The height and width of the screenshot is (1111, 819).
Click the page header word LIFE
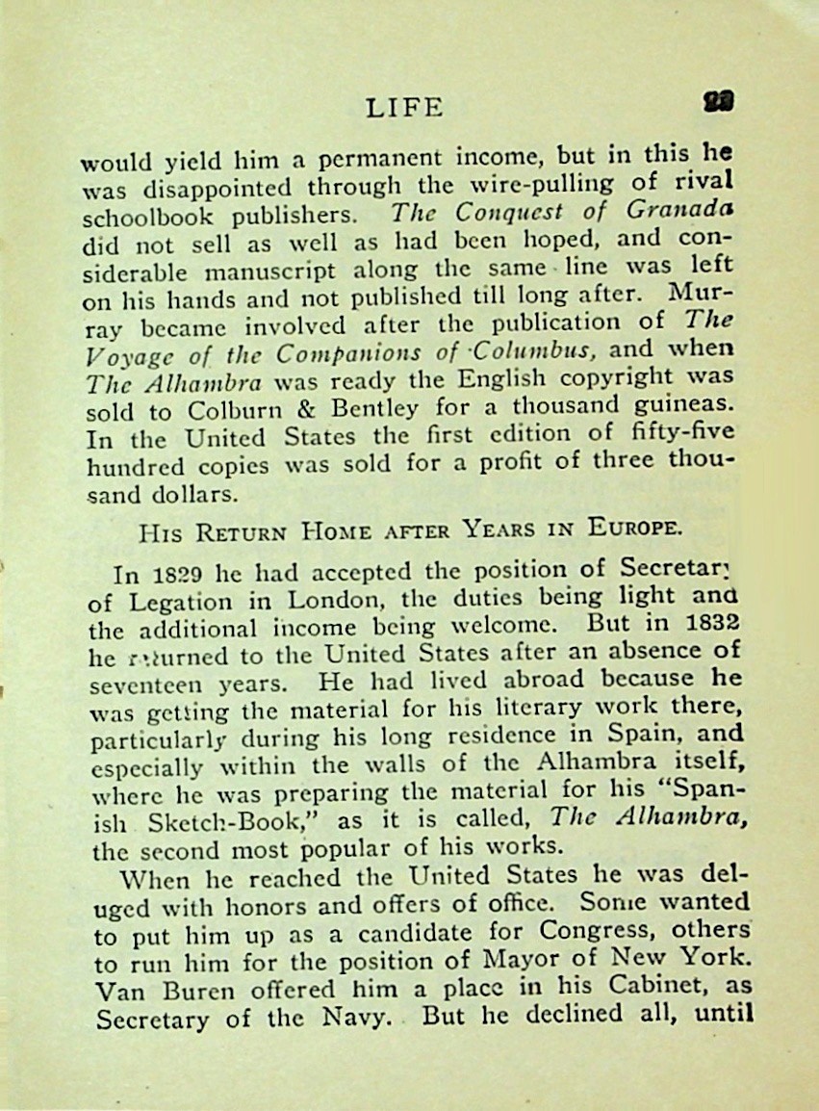point(404,107)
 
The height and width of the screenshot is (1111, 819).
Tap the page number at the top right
point(719,101)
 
